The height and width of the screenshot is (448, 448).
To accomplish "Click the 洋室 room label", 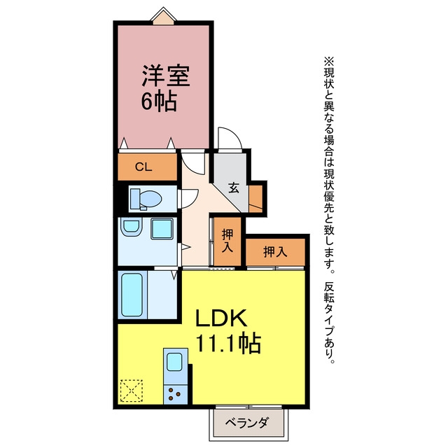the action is point(166,76).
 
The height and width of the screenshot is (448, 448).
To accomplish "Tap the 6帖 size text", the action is point(159,101).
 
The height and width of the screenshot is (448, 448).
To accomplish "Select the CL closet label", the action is point(143,167).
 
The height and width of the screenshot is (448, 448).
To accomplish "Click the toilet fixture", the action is point(146,199).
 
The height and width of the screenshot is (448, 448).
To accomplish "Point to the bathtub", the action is point(132,295).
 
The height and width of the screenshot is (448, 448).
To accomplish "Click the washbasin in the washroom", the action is point(132,227).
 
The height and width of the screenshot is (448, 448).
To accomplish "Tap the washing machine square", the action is point(162,229).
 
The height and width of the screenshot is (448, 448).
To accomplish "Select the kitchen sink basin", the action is point(174,362).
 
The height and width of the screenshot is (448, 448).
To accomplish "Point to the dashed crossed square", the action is point(131,391).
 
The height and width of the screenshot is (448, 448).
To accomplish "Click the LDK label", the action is point(221,318).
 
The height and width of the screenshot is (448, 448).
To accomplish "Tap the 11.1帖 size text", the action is point(228,342).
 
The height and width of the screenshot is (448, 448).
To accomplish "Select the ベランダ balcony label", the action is point(247,423).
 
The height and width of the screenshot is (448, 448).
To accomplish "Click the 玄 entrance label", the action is point(234,188).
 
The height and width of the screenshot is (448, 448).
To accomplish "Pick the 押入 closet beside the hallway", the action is point(227,241).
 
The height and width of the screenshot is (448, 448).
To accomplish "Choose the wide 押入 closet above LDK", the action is point(275,252).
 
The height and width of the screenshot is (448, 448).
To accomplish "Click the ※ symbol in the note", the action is point(328,61).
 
